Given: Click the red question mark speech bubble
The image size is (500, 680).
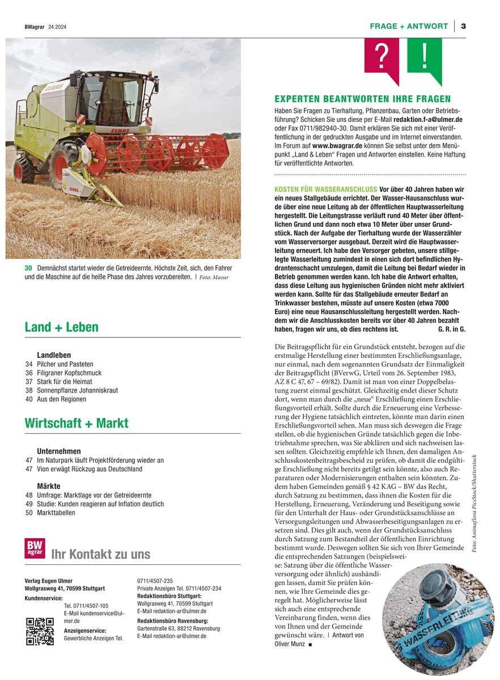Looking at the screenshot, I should pyautogui.click(x=382, y=57).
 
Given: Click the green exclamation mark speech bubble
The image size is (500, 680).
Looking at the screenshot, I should pyautogui.click(x=425, y=57).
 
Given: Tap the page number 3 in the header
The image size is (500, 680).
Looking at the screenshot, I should pyautogui.click(x=463, y=26).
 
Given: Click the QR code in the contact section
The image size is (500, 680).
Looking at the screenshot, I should pyautogui.click(x=40, y=631).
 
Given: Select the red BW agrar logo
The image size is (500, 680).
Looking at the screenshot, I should pyautogui.click(x=35, y=548).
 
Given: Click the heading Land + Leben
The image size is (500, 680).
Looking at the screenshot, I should pyautogui.click(x=61, y=327).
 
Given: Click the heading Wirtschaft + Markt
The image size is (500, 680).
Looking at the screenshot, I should pyautogui.click(x=77, y=423).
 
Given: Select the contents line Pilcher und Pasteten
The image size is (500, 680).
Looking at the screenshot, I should pyautogui.click(x=65, y=364).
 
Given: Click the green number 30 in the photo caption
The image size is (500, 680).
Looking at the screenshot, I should pyautogui.click(x=28, y=268).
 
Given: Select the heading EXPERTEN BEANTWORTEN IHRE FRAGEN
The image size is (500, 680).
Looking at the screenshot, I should pyautogui.click(x=362, y=99).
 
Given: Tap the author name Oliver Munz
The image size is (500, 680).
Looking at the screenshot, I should pyautogui.click(x=289, y=644).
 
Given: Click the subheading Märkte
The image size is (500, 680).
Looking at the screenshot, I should pyautogui.click(x=49, y=487).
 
